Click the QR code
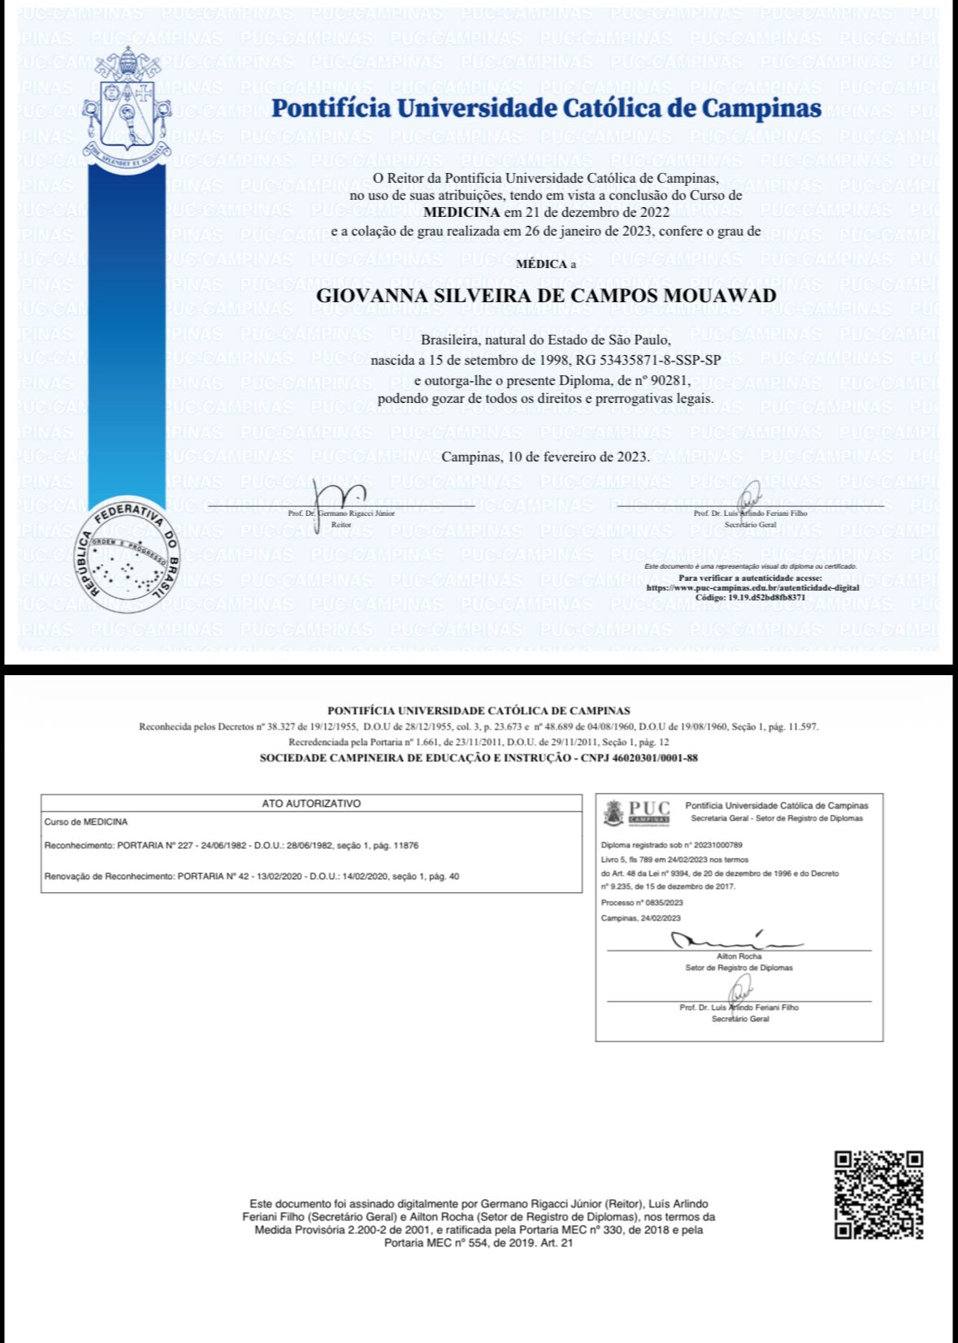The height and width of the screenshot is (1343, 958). [879, 1194]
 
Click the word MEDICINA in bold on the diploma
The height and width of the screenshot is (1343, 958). [462, 213]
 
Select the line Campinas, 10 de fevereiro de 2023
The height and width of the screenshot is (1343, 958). [546, 457]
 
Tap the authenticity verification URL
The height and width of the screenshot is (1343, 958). [752, 587]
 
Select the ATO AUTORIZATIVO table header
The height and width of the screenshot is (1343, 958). [311, 803]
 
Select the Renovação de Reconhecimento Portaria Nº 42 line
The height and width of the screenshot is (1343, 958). [252, 877]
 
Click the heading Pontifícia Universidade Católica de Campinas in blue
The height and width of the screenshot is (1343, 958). [546, 108]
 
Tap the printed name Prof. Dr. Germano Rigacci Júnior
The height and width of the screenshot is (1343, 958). [341, 513]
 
